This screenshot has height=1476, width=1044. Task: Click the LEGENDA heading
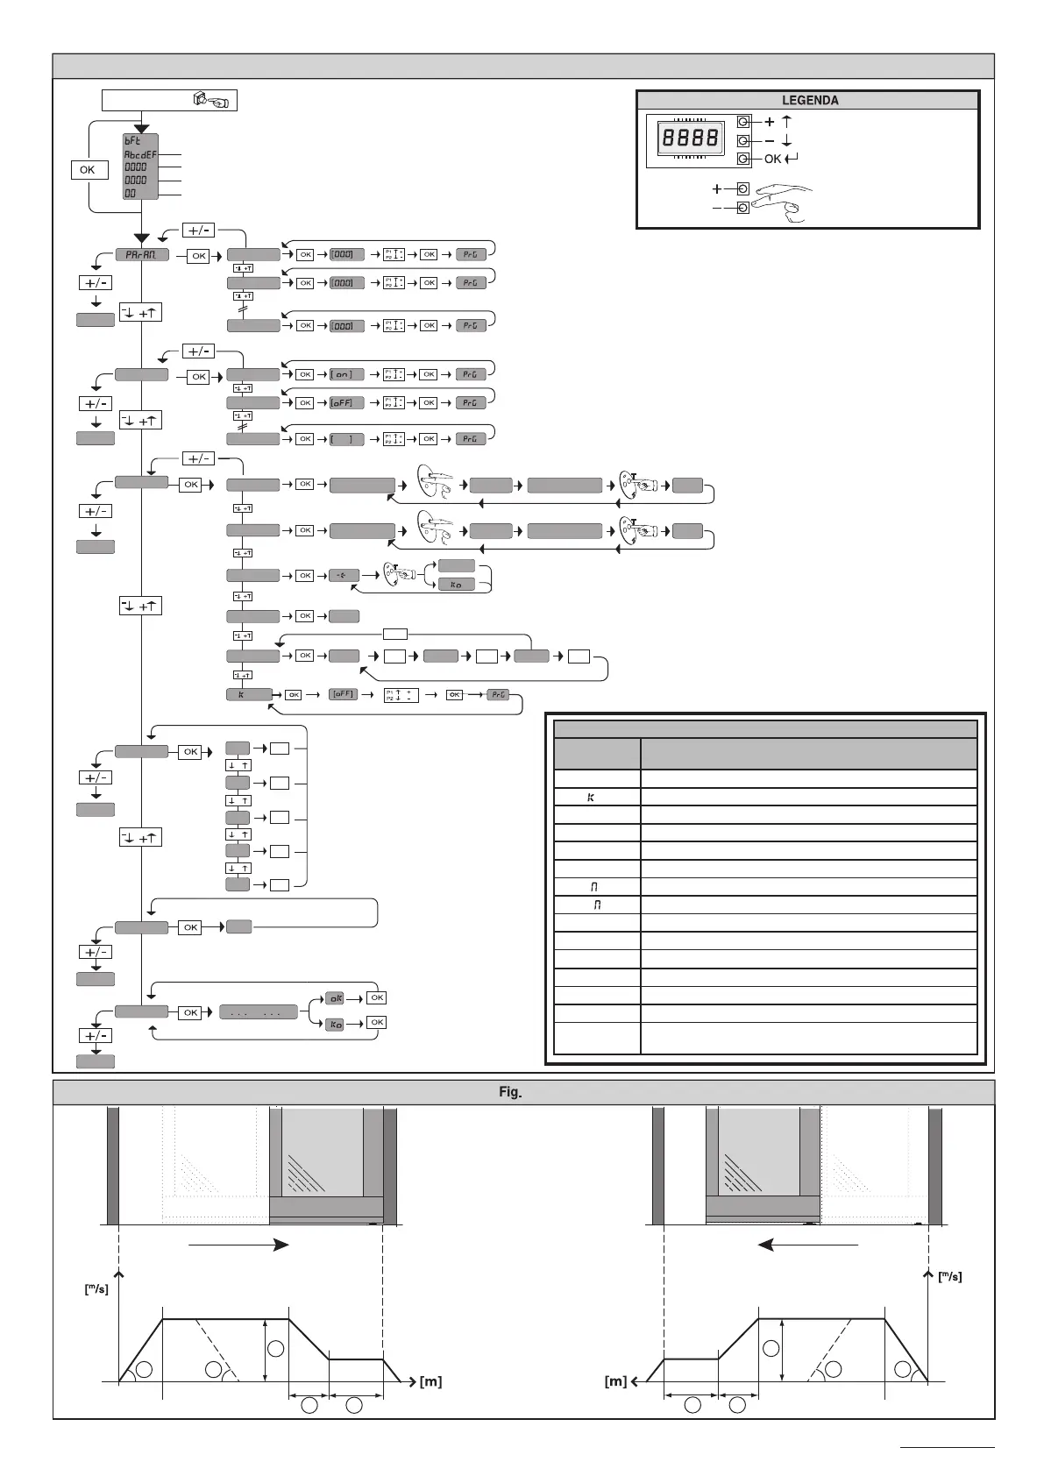pyautogui.click(x=809, y=100)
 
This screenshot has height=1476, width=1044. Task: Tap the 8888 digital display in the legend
pyautogui.click(x=691, y=138)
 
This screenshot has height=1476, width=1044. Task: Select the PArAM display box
pyautogui.click(x=141, y=255)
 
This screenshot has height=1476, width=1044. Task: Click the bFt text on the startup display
pyautogui.click(x=131, y=140)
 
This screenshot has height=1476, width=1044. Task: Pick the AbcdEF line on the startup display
pyautogui.click(x=140, y=154)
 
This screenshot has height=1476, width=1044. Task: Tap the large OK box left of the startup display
pyautogui.click(x=88, y=169)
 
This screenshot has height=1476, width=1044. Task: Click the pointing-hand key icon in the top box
pyautogui.click(x=210, y=101)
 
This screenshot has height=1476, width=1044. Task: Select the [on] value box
pyautogui.click(x=347, y=374)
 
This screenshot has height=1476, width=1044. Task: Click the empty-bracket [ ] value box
pyautogui.click(x=347, y=438)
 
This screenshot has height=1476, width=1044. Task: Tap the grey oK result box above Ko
pyautogui.click(x=334, y=997)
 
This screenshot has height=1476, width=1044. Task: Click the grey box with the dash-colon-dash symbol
pyautogui.click(x=344, y=576)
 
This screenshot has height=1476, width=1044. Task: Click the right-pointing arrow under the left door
pyautogui.click(x=238, y=1245)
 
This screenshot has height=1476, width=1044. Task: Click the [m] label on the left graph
pyautogui.click(x=430, y=1382)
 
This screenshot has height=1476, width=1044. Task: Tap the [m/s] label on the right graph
pyautogui.click(x=948, y=1277)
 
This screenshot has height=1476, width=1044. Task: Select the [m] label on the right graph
pyautogui.click(x=615, y=1382)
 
